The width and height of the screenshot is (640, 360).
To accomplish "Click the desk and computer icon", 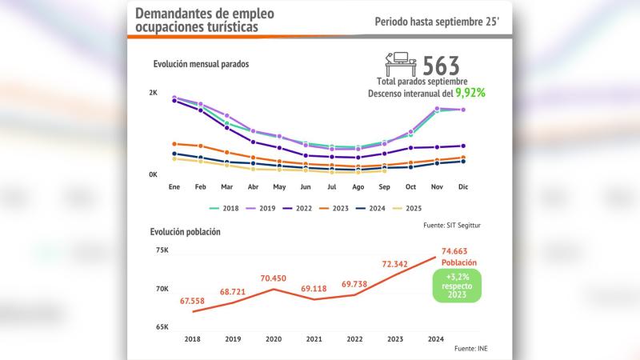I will (400, 64).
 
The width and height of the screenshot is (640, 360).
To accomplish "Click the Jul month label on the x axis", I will (332, 187).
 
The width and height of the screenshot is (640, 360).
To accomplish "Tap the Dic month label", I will (463, 187).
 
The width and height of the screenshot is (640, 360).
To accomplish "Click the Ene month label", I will (174, 187).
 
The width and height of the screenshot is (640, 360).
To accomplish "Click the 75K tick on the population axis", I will (162, 250).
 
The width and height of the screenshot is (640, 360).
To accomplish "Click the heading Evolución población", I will (186, 232).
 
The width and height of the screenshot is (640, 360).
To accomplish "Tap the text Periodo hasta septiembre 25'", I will (437, 22).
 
